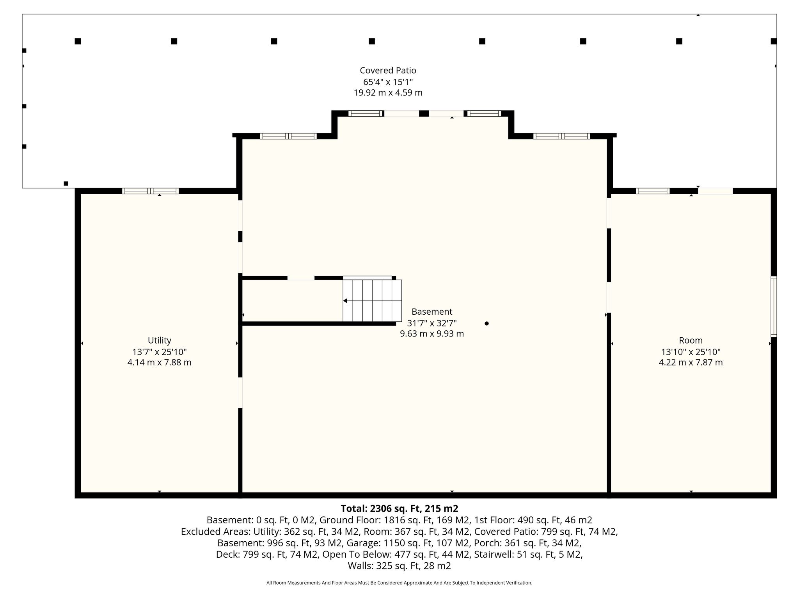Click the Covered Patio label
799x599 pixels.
[388, 71]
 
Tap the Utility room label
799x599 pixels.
[159, 340]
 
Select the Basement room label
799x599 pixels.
[432, 312]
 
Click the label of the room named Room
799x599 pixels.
[691, 340]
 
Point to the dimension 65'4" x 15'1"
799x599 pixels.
[388, 82]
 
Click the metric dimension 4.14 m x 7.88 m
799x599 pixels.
[159, 362]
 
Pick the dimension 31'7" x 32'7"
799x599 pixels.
[432, 323]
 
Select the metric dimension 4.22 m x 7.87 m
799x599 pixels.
[691, 362]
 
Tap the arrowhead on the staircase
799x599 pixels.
[345, 301]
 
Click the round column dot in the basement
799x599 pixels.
[487, 323]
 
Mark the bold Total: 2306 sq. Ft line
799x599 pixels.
[399, 509]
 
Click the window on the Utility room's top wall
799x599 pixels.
[150, 191]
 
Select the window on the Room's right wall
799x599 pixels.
[774, 307]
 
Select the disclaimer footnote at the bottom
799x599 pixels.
[399, 583]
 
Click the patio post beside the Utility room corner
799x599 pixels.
[66, 183]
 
